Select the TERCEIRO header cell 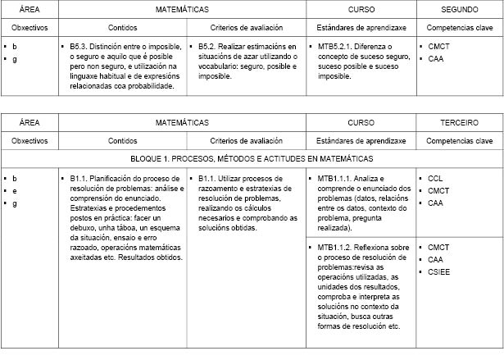[x=459, y=122]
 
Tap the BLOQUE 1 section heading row [x=252, y=157]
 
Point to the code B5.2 [x=209, y=48]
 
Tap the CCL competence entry [x=436, y=178]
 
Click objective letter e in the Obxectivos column [x=15, y=190]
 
